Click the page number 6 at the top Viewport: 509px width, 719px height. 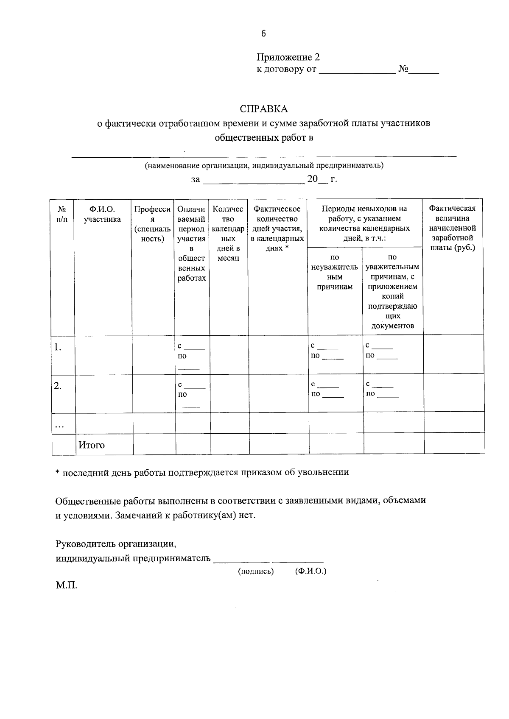tap(263, 34)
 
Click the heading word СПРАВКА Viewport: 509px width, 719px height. tap(263, 109)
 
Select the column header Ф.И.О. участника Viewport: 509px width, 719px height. tap(102, 214)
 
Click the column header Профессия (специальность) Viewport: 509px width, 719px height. tap(153, 224)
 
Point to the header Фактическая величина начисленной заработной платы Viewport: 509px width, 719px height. tap(452, 228)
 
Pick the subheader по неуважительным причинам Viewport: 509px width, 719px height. tap(335, 272)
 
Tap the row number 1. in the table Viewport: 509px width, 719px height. tap(58, 347)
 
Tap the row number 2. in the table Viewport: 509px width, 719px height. tap(58, 386)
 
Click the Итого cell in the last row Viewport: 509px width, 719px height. tap(91, 445)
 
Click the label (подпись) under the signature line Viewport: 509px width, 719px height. tap(256, 571)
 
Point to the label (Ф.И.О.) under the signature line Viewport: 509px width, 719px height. tap(310, 571)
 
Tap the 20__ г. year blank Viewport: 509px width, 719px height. tap(322, 179)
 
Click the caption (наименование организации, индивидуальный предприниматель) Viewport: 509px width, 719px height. tap(264, 165)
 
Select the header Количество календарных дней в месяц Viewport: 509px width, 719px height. tap(228, 233)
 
